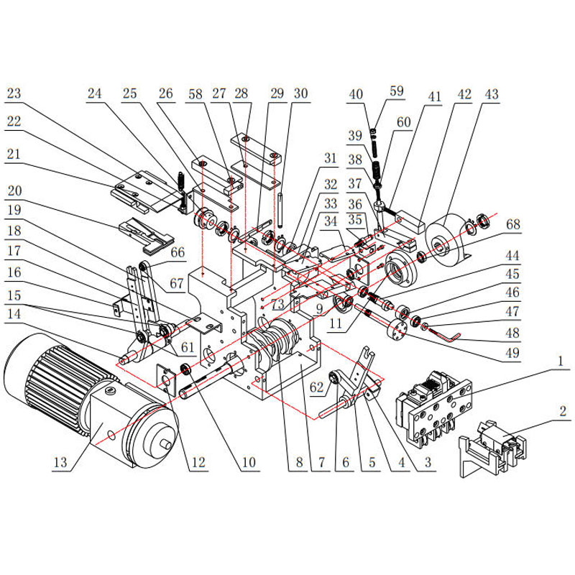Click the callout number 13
(x=60, y=462)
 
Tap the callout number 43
(x=492, y=94)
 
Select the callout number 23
(x=14, y=93)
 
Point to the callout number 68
(x=513, y=224)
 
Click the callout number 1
(x=560, y=362)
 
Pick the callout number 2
(x=563, y=411)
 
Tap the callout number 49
(x=512, y=353)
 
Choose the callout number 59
(x=397, y=91)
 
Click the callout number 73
(x=277, y=304)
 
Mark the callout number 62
(x=317, y=387)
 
